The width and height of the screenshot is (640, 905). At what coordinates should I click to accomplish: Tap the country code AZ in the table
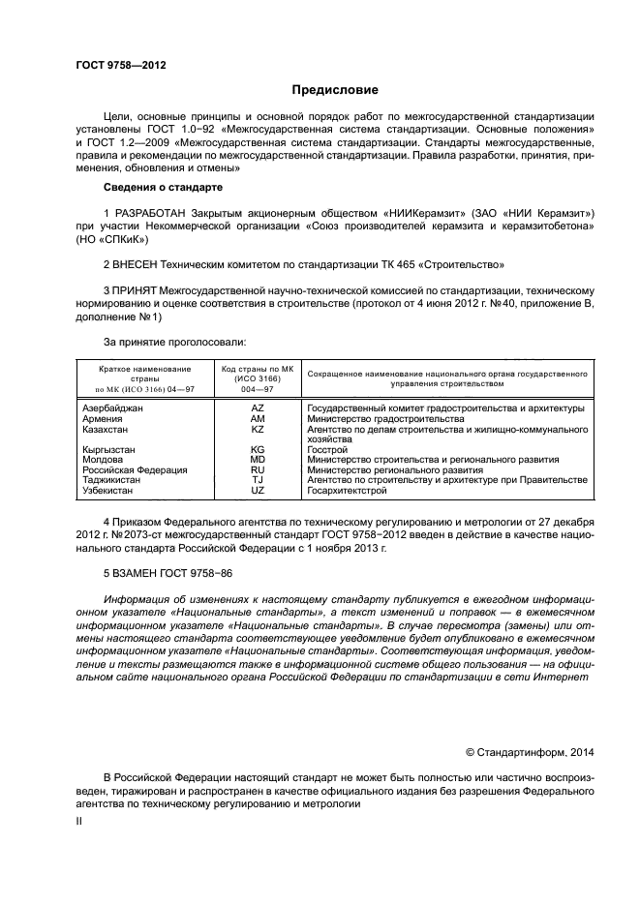pos(258,408)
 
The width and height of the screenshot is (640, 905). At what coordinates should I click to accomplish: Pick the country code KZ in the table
pos(258,428)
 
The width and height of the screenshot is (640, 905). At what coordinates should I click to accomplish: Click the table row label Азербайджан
pos(113,408)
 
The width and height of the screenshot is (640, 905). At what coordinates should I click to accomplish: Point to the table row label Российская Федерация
pos(136,469)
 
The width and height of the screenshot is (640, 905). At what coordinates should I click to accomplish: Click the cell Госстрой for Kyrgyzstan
pos(326,450)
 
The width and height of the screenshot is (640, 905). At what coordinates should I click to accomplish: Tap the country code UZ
pos(258,490)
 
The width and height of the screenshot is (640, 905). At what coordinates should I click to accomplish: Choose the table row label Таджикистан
pos(114,480)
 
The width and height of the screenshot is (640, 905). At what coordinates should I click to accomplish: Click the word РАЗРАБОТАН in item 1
pos(150,212)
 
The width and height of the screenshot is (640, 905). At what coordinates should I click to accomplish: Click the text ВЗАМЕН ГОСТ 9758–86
pos(172,574)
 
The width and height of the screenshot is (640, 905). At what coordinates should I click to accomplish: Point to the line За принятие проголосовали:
pos(174,342)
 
